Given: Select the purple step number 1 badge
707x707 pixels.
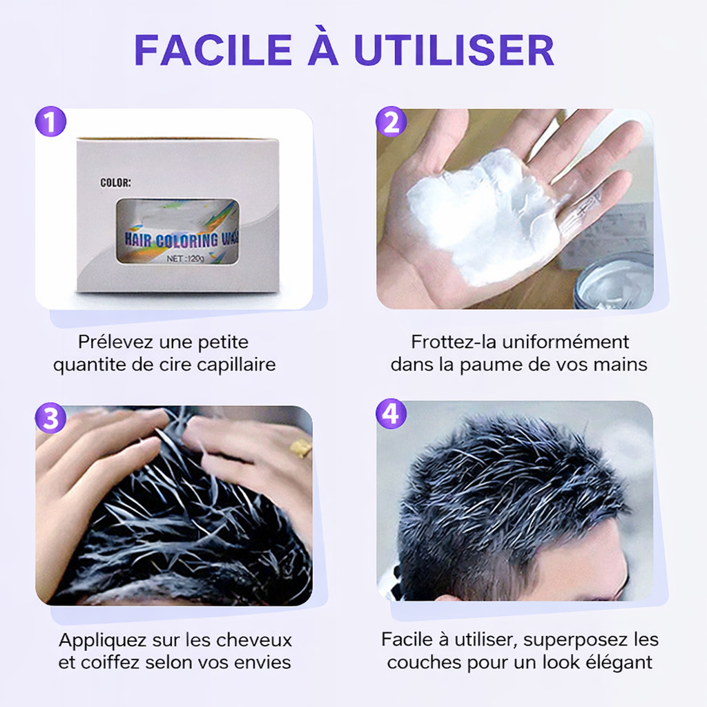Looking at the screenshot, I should point(50,123).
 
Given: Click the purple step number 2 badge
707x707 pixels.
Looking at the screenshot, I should point(391,123).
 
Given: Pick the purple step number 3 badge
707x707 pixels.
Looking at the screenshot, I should point(50,418).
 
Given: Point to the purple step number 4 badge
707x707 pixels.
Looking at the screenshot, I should point(391,414).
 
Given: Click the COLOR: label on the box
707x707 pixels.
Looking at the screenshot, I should point(115,183).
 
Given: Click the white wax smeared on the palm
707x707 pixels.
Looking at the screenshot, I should point(483,214).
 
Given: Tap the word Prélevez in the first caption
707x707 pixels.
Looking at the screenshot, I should point(115,342).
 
